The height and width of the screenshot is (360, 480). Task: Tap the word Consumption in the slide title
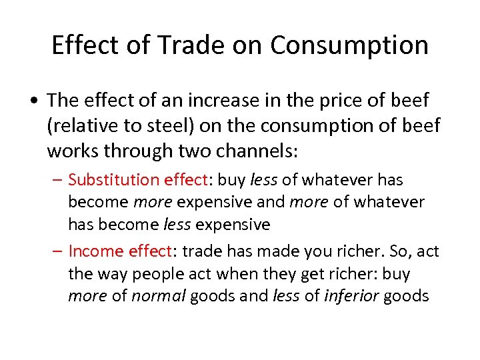click(x=349, y=45)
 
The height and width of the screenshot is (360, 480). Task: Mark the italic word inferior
click(x=351, y=295)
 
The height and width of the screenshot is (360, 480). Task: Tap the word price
click(x=321, y=101)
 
